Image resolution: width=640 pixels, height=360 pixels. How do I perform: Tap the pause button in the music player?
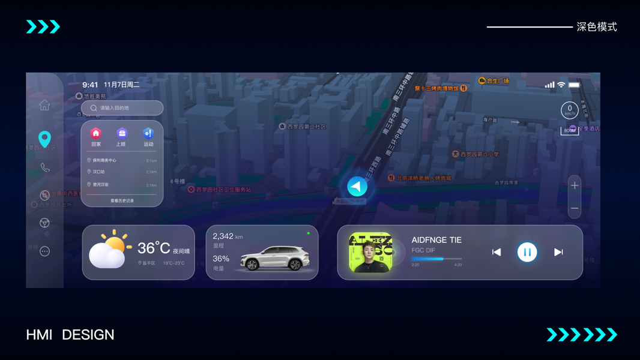tap(527, 252)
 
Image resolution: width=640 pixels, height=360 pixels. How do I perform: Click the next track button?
tap(558, 252)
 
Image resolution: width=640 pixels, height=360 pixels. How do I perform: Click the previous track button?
tap(497, 252)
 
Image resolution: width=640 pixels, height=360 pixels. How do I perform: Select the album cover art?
tap(370, 253)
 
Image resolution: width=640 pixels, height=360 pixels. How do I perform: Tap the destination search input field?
tap(122, 108)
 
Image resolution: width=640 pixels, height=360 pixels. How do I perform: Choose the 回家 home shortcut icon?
tap(96, 133)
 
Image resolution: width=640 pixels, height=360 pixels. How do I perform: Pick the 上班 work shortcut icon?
tap(122, 133)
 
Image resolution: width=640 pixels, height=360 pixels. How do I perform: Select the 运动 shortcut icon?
tap(148, 133)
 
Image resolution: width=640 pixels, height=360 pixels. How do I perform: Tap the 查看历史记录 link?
tap(122, 201)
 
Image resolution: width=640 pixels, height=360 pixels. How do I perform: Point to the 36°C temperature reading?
tap(154, 248)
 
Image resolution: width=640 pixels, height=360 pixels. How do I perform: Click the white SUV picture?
tap(275, 259)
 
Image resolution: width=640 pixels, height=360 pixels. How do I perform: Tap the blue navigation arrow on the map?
tap(357, 187)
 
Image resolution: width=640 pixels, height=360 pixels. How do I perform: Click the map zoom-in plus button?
tap(575, 185)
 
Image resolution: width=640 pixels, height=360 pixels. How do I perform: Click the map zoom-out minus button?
tap(575, 208)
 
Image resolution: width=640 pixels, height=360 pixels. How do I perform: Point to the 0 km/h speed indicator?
tap(570, 110)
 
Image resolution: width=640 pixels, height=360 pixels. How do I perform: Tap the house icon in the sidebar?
tap(44, 106)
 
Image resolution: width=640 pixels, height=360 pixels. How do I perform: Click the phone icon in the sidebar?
tap(44, 167)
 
